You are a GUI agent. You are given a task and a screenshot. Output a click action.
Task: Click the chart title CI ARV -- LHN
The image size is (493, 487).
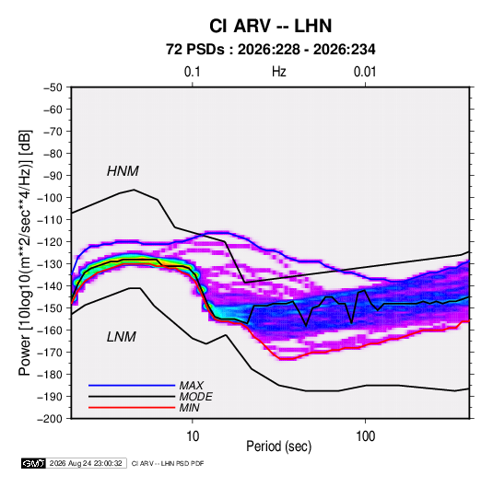(270, 26)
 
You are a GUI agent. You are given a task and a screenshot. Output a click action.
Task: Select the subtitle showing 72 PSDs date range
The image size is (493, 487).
(270, 50)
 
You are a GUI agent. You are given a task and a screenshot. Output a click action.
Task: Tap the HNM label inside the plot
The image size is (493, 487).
(123, 171)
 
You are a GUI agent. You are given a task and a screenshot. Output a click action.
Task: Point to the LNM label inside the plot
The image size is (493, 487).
(122, 337)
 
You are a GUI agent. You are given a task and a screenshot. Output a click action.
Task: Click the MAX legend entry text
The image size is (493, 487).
(191, 385)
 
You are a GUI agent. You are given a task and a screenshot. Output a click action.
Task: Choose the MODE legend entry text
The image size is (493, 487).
(196, 397)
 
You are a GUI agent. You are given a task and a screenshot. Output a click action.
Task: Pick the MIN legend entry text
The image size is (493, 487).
(189, 408)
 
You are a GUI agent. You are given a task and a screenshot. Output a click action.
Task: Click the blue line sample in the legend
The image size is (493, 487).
(132, 385)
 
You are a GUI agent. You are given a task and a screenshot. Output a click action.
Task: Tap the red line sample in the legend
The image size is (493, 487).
(132, 408)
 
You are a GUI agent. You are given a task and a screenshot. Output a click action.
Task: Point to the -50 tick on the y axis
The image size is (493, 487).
(53, 87)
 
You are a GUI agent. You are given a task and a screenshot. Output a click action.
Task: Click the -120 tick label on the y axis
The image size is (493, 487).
(50, 242)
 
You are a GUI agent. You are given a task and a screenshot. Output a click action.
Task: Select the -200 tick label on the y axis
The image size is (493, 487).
(50, 419)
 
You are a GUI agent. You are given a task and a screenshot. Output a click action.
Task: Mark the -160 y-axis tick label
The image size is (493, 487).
(50, 330)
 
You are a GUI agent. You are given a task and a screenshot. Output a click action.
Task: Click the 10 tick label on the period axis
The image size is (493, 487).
(193, 436)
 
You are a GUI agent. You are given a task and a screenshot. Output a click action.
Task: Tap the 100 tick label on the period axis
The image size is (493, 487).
(365, 436)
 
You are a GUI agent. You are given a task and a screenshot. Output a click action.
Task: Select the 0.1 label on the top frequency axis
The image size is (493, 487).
(192, 72)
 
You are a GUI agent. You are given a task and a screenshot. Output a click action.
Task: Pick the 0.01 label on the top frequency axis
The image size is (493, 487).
(365, 72)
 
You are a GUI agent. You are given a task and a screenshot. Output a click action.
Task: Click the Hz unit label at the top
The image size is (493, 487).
(279, 72)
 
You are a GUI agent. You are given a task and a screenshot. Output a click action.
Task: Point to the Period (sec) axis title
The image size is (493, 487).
(279, 446)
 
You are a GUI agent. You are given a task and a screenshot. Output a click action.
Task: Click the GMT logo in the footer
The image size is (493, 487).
(33, 463)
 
